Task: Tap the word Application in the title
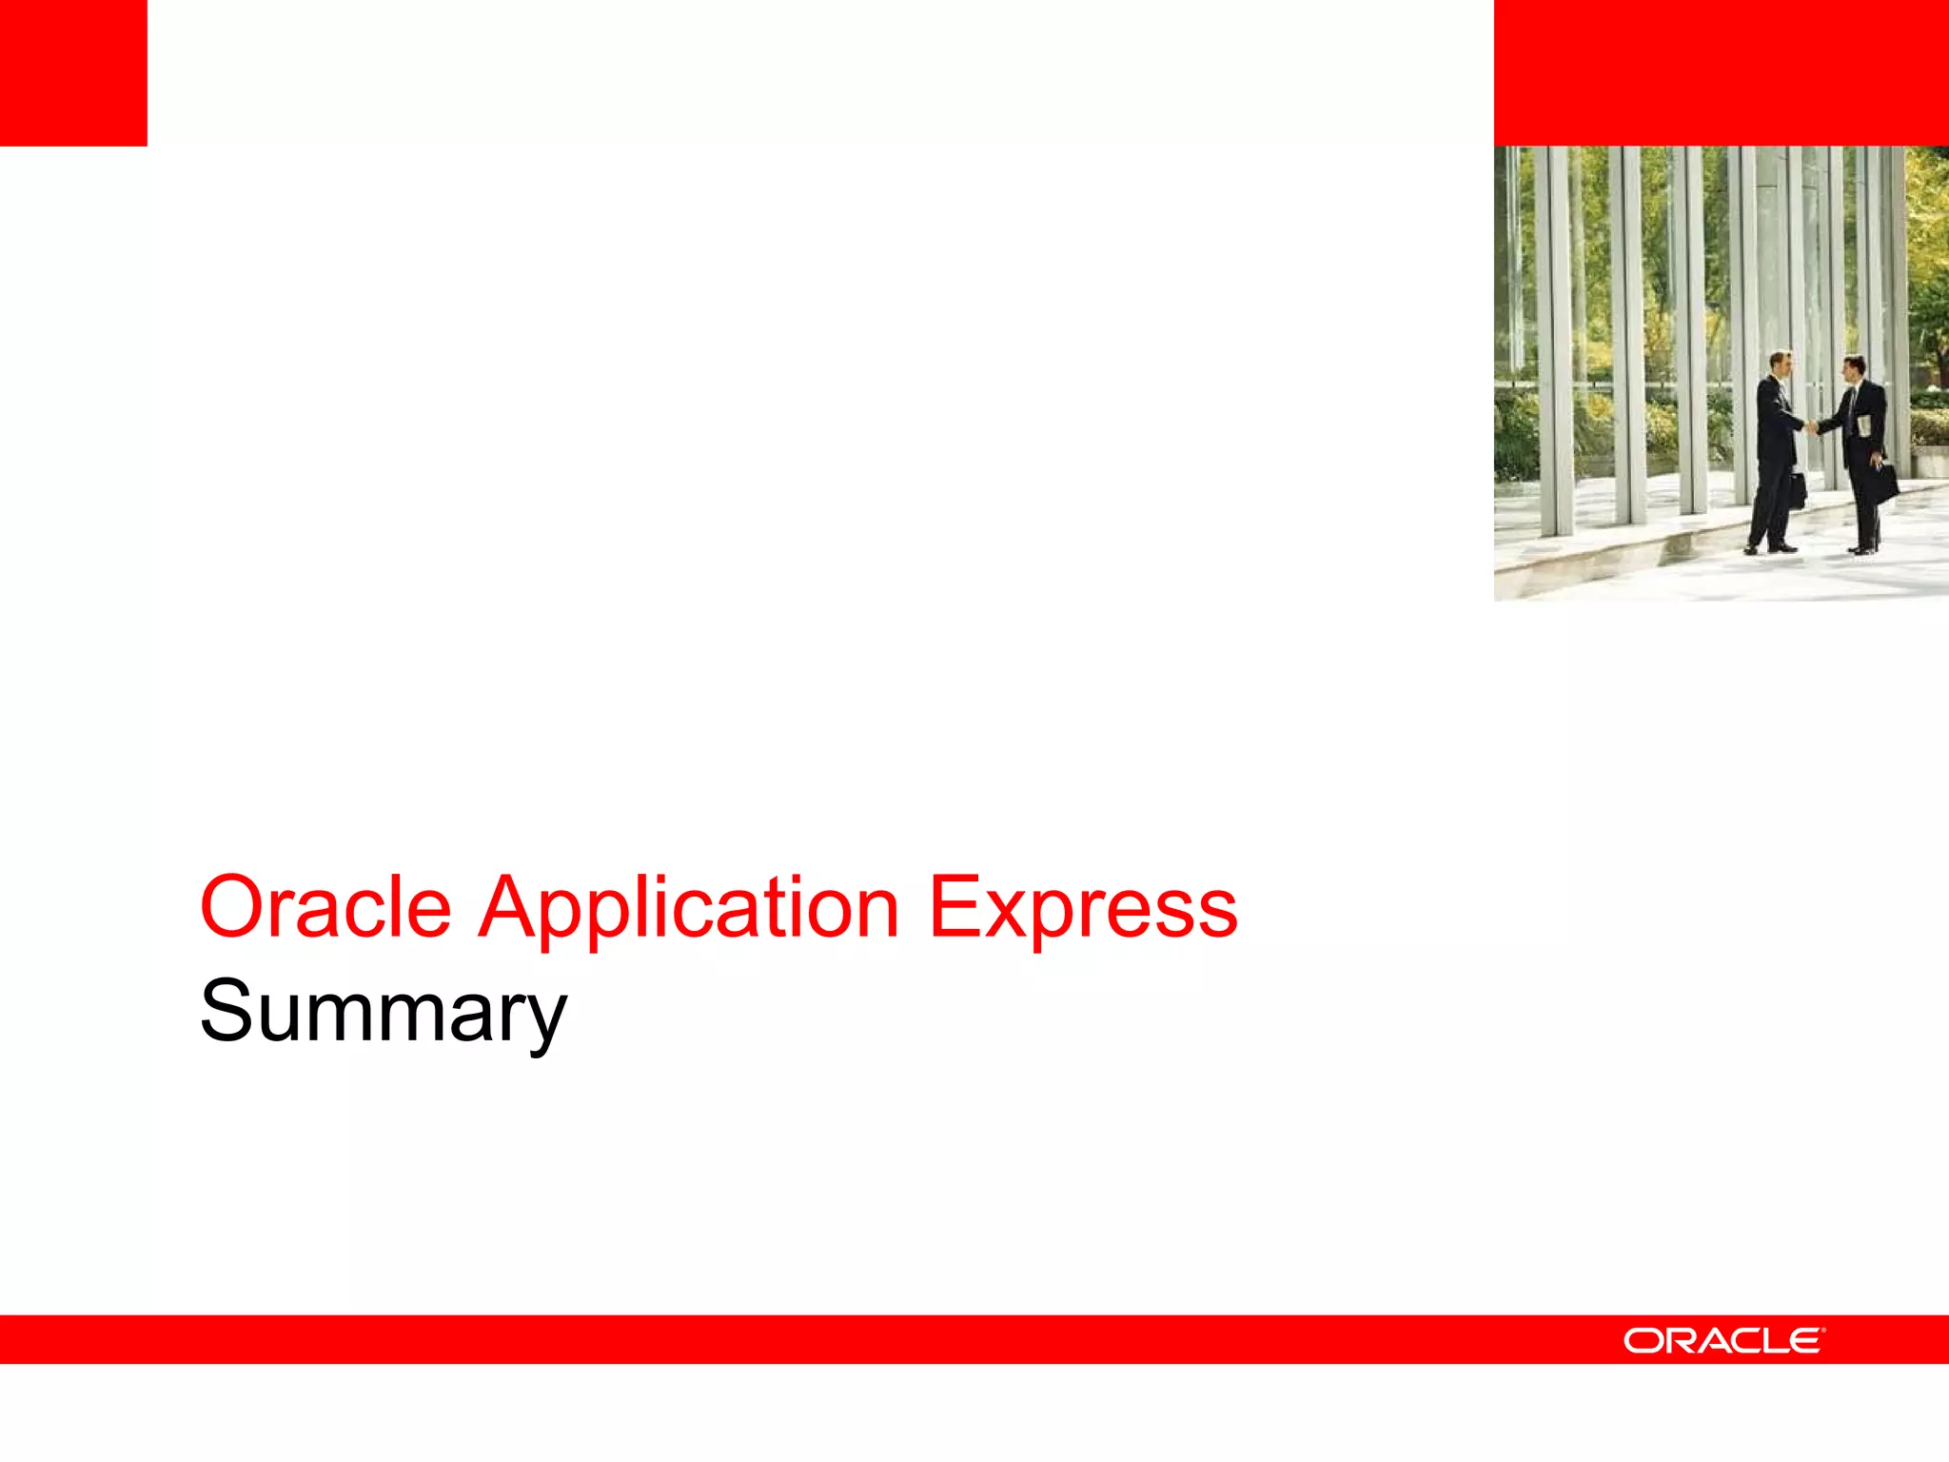tap(688, 907)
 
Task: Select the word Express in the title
tap(1082, 907)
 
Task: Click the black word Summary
tap(383, 1012)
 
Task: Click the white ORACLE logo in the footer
tap(1723, 1340)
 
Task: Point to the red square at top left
tap(73, 72)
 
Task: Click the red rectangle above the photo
tap(1721, 72)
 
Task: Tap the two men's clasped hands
tap(1813, 425)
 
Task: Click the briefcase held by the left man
tap(1796, 488)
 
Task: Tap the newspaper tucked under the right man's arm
tap(1865, 425)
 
